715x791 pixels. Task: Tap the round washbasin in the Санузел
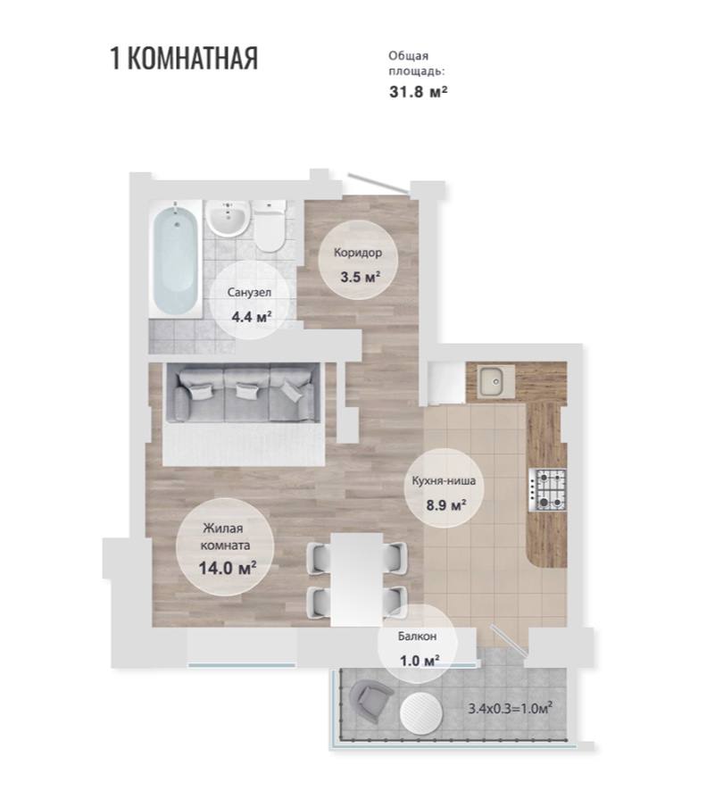pos(228,219)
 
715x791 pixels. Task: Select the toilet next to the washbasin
pos(270,226)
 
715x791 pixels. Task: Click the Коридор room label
pos(357,253)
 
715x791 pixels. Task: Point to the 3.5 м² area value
pos(360,277)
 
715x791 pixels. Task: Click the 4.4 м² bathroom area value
pos(251,317)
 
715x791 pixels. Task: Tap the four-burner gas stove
pos(547,490)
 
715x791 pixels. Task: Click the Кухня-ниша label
pos(444,480)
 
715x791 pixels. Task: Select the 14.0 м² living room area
pos(228,568)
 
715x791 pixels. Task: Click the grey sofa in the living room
pos(242,394)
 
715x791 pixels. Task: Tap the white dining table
pos(357,579)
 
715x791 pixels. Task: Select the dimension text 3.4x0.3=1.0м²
pos(510,708)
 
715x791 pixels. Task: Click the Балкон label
pos(417,637)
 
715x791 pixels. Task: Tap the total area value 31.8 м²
pos(418,92)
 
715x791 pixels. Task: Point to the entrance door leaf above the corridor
pos(378,184)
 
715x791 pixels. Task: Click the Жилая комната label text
pos(225,537)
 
